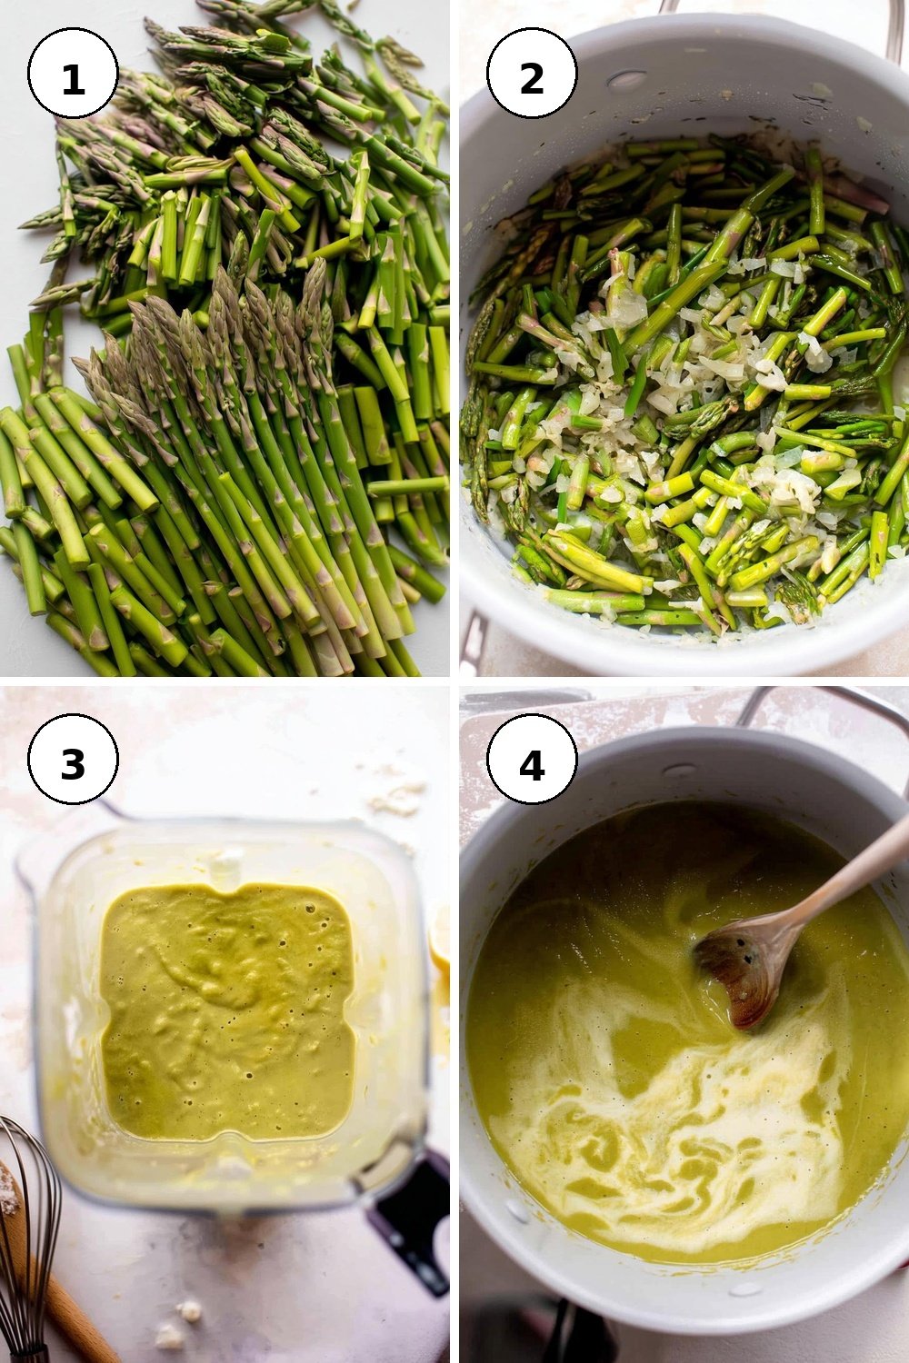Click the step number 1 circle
tap(73, 73)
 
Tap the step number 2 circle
tap(532, 73)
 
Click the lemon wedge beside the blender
tap(440, 940)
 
